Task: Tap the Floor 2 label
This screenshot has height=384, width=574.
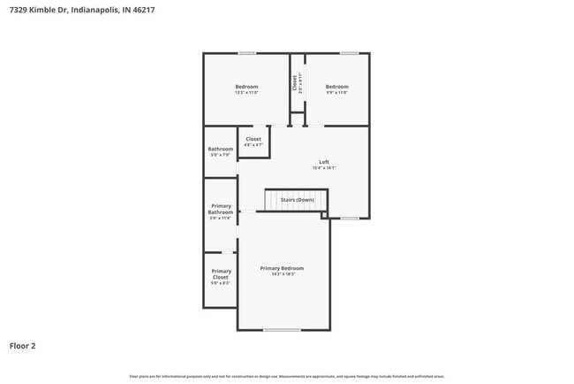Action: [x=23, y=346]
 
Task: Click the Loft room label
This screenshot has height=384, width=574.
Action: [x=324, y=162]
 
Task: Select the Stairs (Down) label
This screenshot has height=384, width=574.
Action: [x=297, y=200]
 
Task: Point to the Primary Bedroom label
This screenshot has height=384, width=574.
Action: [x=282, y=268]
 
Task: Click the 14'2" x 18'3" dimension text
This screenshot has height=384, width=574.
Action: [x=282, y=274]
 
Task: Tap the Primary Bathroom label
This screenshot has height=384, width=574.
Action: [x=221, y=210]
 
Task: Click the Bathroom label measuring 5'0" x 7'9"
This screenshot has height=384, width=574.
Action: [x=221, y=149]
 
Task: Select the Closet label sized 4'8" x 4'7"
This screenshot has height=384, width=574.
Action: [x=253, y=139]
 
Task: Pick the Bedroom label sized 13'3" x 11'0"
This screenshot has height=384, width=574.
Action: [x=246, y=87]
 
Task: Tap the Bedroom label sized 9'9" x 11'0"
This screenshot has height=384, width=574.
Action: [x=336, y=87]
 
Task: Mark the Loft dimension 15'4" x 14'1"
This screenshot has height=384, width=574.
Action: [x=324, y=168]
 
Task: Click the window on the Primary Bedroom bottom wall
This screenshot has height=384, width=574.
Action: [x=282, y=330]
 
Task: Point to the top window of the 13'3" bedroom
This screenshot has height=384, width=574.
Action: [x=246, y=53]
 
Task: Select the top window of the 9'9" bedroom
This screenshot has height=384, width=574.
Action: [x=350, y=53]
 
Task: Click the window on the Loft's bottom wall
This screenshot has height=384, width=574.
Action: [x=350, y=218]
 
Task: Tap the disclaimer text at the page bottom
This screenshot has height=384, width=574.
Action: [x=286, y=376]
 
